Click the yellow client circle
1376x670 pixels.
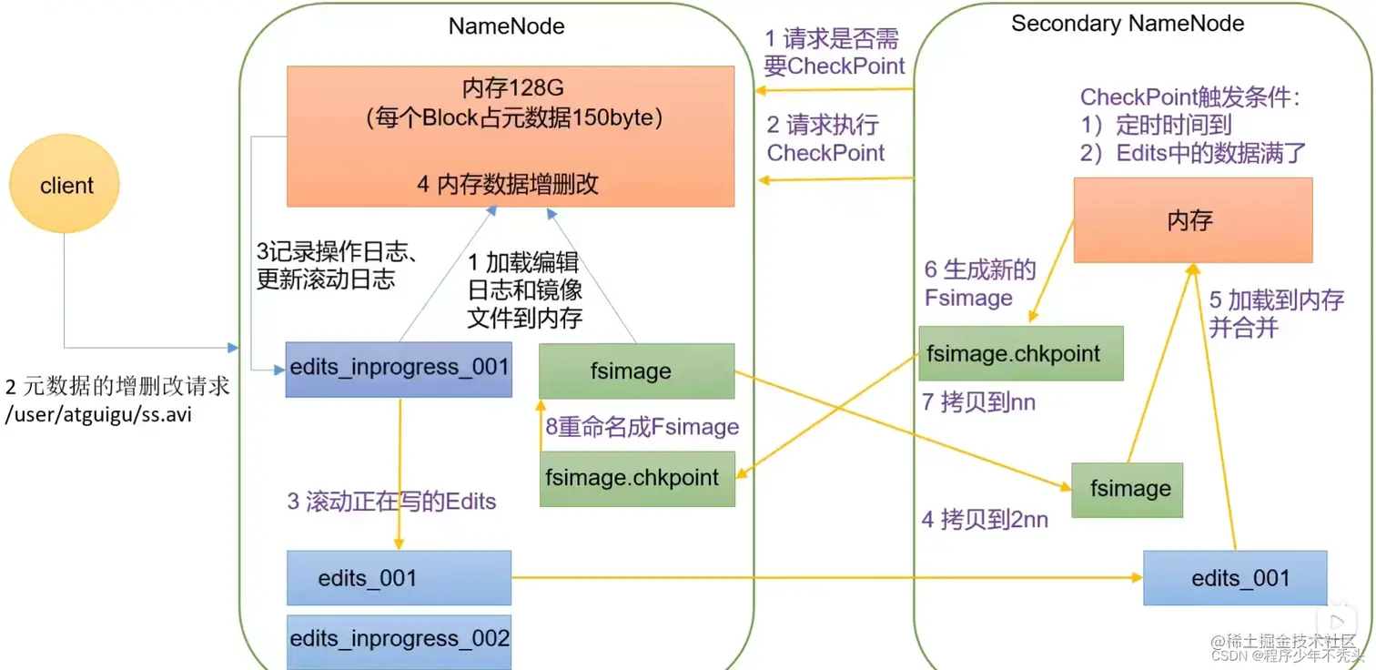tap(65, 186)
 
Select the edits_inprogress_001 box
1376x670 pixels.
tap(400, 369)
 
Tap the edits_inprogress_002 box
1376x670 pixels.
tap(400, 639)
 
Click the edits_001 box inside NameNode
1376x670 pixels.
tap(399, 578)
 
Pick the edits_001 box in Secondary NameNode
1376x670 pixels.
tap(1235, 578)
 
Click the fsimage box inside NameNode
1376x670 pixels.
tap(636, 371)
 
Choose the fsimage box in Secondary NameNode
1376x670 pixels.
tap(1127, 490)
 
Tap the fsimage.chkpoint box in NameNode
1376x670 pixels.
tap(636, 478)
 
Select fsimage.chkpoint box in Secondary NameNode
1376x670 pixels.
tap(1020, 353)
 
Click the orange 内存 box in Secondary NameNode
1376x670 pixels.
tap(1192, 220)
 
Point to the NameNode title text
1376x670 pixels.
tap(506, 25)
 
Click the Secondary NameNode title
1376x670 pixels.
tap(1128, 24)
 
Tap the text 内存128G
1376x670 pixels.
tap(512, 88)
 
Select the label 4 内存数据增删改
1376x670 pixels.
tap(508, 184)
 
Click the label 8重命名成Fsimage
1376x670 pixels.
tap(642, 427)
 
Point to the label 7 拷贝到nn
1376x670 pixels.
tap(978, 402)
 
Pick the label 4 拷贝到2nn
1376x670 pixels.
tap(985, 520)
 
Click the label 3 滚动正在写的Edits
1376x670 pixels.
tap(391, 502)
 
